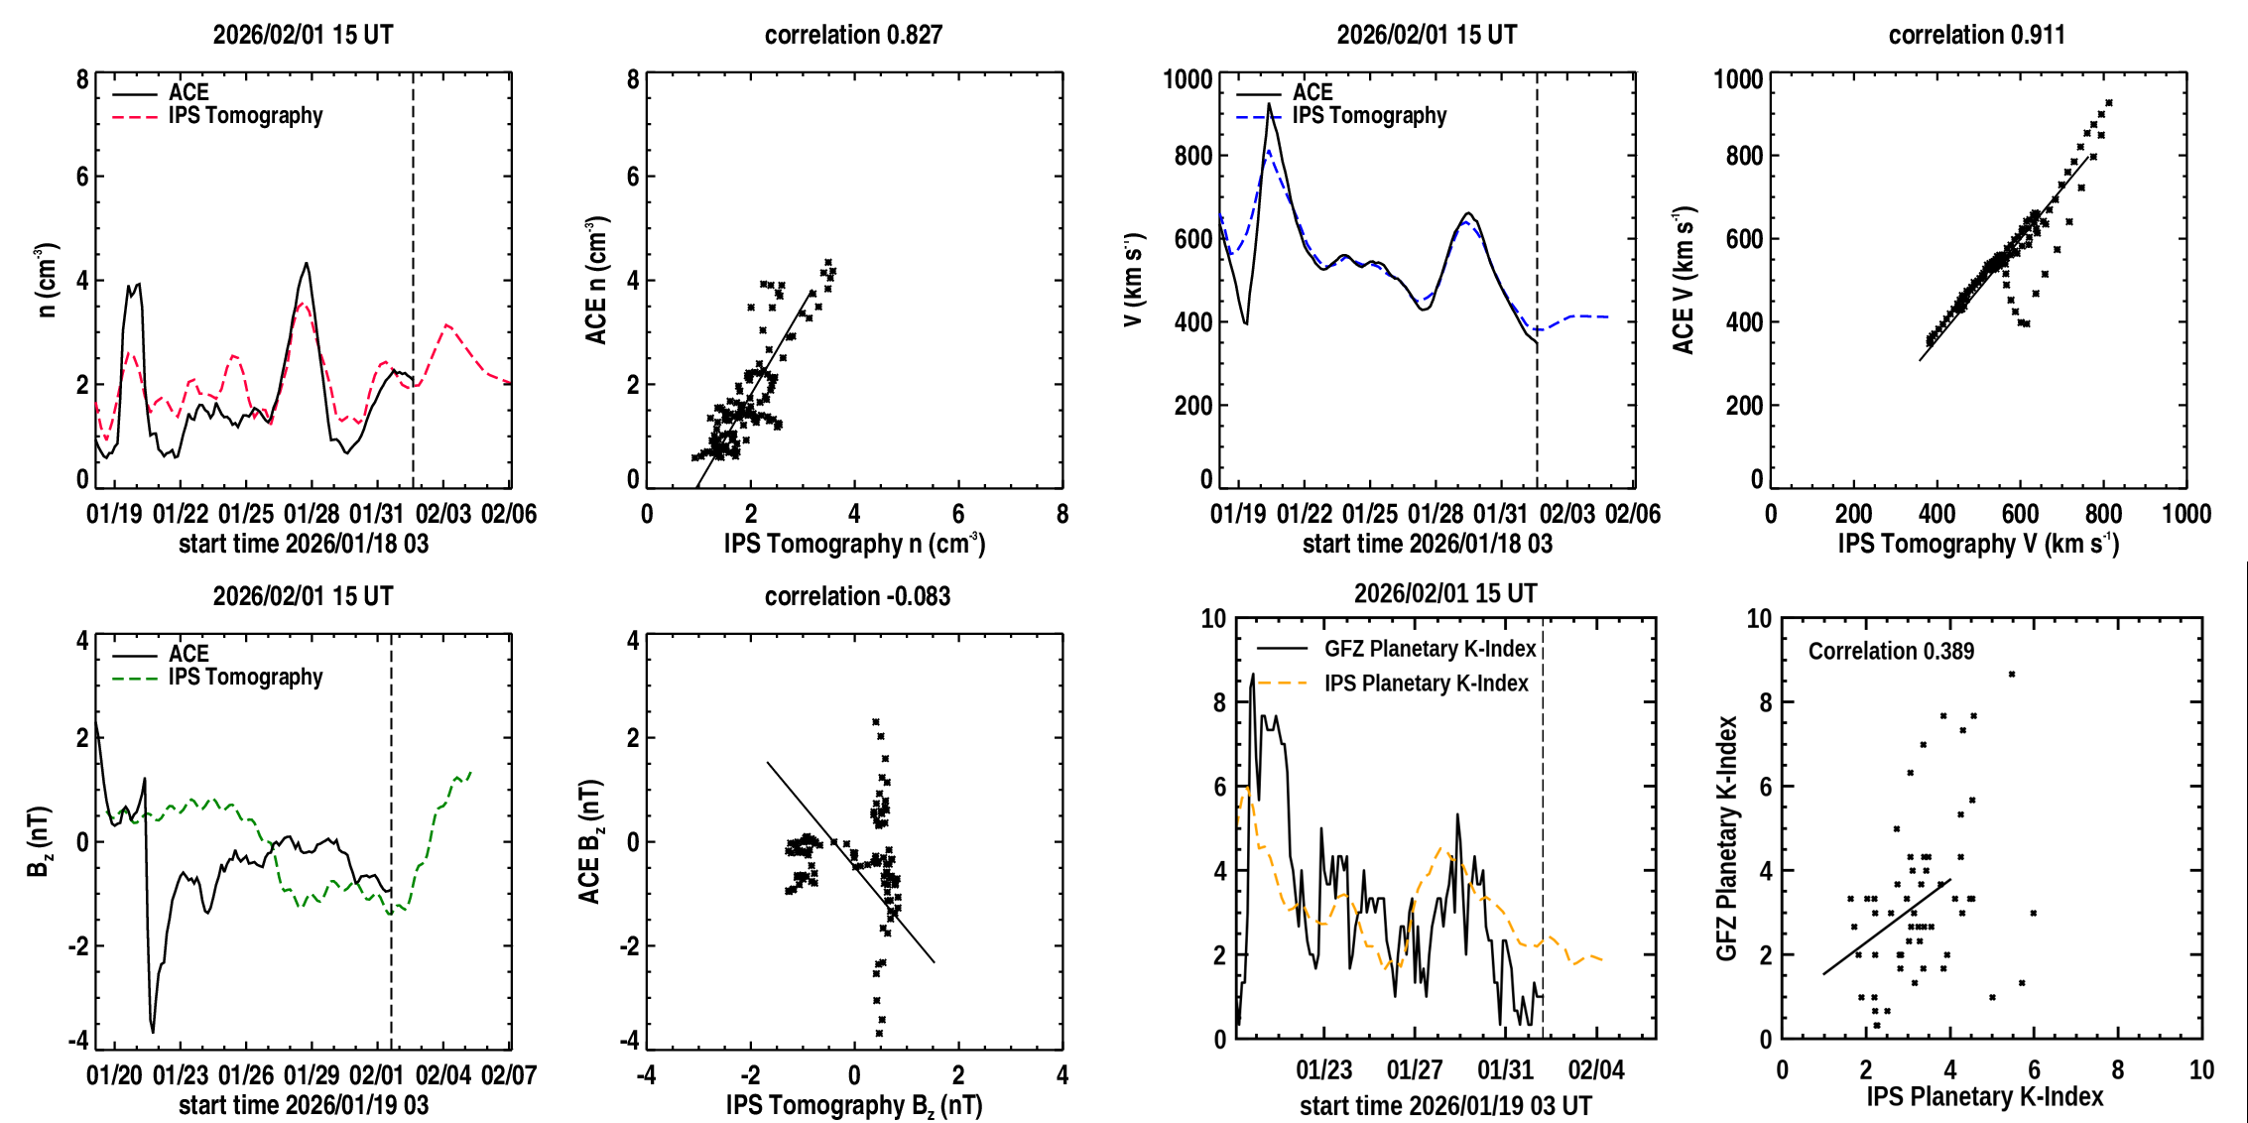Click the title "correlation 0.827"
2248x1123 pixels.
[x=853, y=35]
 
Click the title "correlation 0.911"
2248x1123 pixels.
[x=1976, y=35]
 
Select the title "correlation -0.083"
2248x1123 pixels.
[x=857, y=596]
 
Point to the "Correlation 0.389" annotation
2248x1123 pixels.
[x=1891, y=651]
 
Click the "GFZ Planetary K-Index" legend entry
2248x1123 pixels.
[x=1430, y=649]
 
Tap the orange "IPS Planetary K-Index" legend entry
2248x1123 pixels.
[x=1426, y=684]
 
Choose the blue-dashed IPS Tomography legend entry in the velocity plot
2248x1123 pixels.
[x=1368, y=116]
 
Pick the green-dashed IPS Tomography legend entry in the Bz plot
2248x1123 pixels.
[x=245, y=678]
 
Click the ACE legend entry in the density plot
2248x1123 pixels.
[x=187, y=92]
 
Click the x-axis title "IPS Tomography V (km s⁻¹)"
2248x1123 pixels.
[x=1977, y=544]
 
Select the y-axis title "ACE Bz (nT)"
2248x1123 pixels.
[x=590, y=841]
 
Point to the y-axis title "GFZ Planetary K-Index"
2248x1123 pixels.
[x=1727, y=838]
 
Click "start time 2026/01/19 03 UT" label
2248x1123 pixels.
[x=1445, y=1105]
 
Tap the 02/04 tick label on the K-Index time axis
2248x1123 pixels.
[x=1596, y=1070]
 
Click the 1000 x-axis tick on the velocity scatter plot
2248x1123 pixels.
[x=2186, y=514]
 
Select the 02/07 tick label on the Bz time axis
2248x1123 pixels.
[x=509, y=1075]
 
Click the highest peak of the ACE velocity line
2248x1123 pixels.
[x=1268, y=104]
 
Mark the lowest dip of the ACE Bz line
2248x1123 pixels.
[x=153, y=1032]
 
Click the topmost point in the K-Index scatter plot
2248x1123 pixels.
[x=2012, y=675]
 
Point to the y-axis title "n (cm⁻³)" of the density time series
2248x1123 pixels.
[x=47, y=280]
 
